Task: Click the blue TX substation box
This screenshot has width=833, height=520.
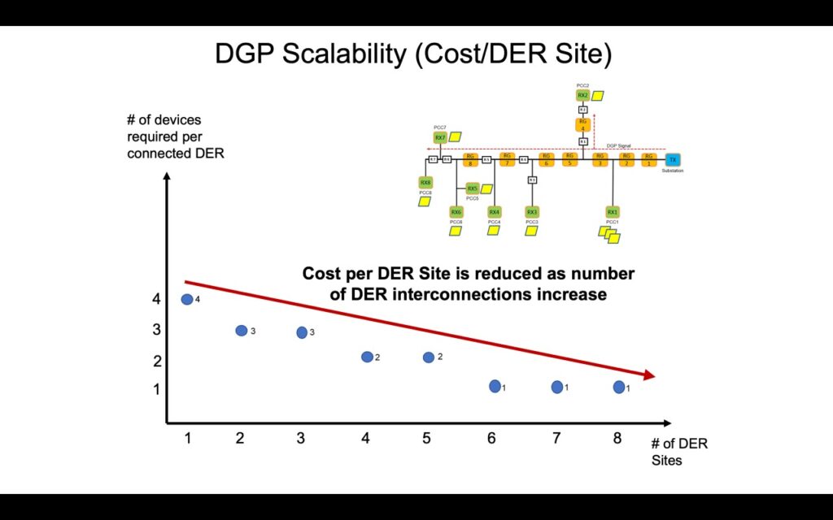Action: pos(672,159)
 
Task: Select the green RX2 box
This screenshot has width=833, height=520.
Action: pos(583,95)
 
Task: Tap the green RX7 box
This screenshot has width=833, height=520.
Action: pos(440,138)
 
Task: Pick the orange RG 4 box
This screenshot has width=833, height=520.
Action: pos(583,124)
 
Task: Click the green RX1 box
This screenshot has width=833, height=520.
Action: pos(613,212)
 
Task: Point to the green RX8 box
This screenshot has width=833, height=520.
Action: pos(425,183)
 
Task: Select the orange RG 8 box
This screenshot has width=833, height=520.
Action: pos(469,159)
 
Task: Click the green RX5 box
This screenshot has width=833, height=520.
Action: pos(473,188)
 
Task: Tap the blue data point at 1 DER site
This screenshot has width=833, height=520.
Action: pos(187,300)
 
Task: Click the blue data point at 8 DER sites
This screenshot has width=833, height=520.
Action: pos(619,387)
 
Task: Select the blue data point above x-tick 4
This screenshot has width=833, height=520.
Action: pos(367,357)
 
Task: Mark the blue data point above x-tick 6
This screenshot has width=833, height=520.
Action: pos(495,386)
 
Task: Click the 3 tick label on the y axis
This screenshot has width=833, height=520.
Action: pos(156,330)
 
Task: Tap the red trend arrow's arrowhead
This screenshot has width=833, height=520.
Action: pos(648,375)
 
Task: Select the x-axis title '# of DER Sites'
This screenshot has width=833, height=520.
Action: pos(678,453)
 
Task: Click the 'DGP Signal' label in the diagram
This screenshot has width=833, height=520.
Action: pos(619,146)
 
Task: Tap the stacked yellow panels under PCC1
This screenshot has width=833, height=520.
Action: pos(609,235)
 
